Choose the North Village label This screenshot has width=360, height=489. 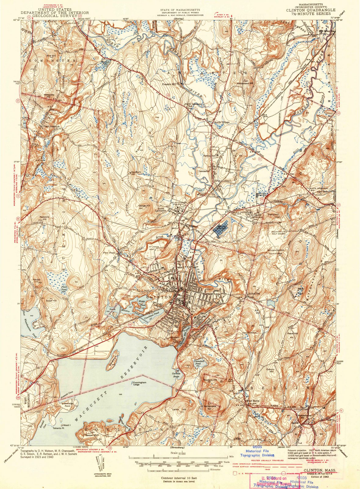click(x=221, y=122)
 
